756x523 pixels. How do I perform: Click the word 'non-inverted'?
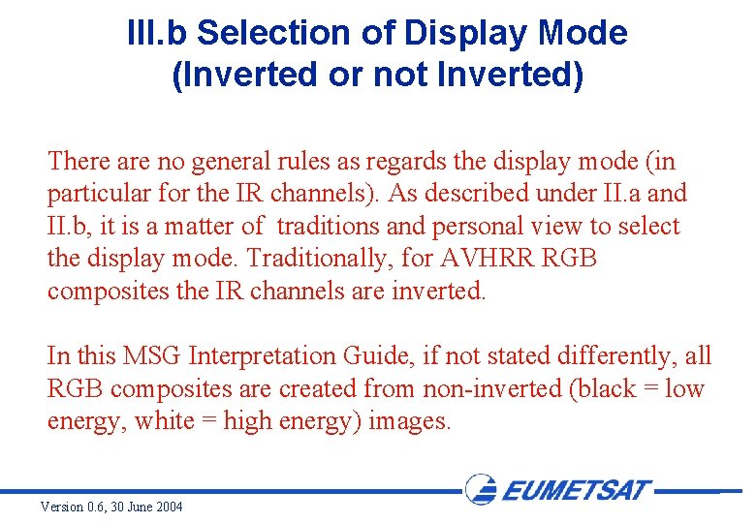pos(491,389)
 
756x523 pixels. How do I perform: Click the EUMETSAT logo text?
pos(578,489)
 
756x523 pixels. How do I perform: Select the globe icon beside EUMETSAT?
pos(482,489)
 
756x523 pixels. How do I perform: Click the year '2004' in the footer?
pos(166,508)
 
